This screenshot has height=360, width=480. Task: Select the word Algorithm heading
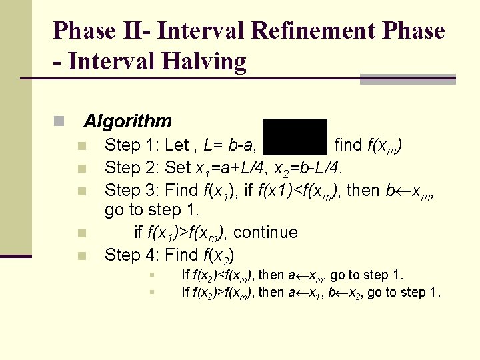(127, 121)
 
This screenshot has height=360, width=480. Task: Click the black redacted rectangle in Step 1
(295, 137)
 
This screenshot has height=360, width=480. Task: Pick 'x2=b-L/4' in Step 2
(320, 167)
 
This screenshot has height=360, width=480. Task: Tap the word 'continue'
(266, 233)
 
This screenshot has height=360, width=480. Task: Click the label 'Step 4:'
(132, 255)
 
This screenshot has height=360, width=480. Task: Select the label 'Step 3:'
(132, 190)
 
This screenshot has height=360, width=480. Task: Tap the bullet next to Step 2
(81, 168)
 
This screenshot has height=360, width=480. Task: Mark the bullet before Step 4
(81, 255)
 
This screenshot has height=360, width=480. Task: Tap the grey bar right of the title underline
(407, 79)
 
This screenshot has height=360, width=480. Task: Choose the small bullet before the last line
(153, 291)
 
